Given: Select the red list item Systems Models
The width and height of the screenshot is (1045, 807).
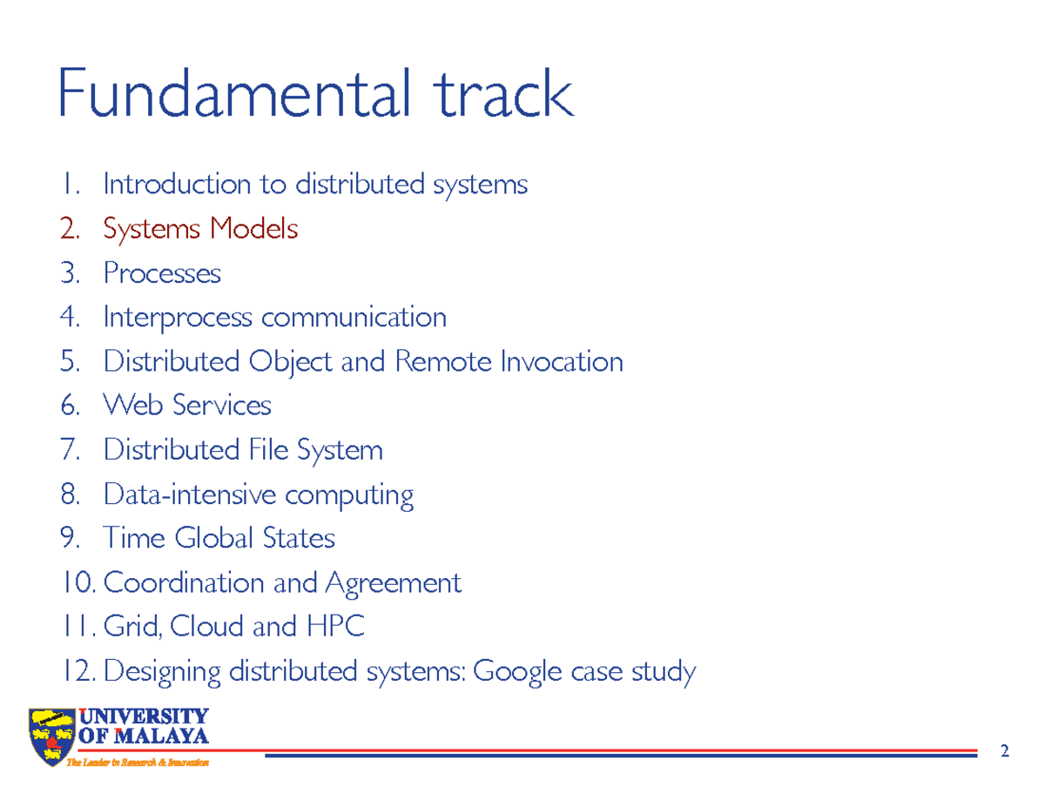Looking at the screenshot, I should click(200, 229).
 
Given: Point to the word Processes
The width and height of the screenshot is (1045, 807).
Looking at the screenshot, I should click(162, 273).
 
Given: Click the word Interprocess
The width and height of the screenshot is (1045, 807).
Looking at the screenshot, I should click(178, 317).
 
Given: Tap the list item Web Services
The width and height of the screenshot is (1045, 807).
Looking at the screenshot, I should click(187, 406).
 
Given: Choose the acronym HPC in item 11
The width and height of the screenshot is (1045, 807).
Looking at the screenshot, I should click(336, 627).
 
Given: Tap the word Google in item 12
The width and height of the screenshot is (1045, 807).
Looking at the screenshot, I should click(518, 672).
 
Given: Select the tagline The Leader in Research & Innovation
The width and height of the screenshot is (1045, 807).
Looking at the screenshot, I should click(139, 763).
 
